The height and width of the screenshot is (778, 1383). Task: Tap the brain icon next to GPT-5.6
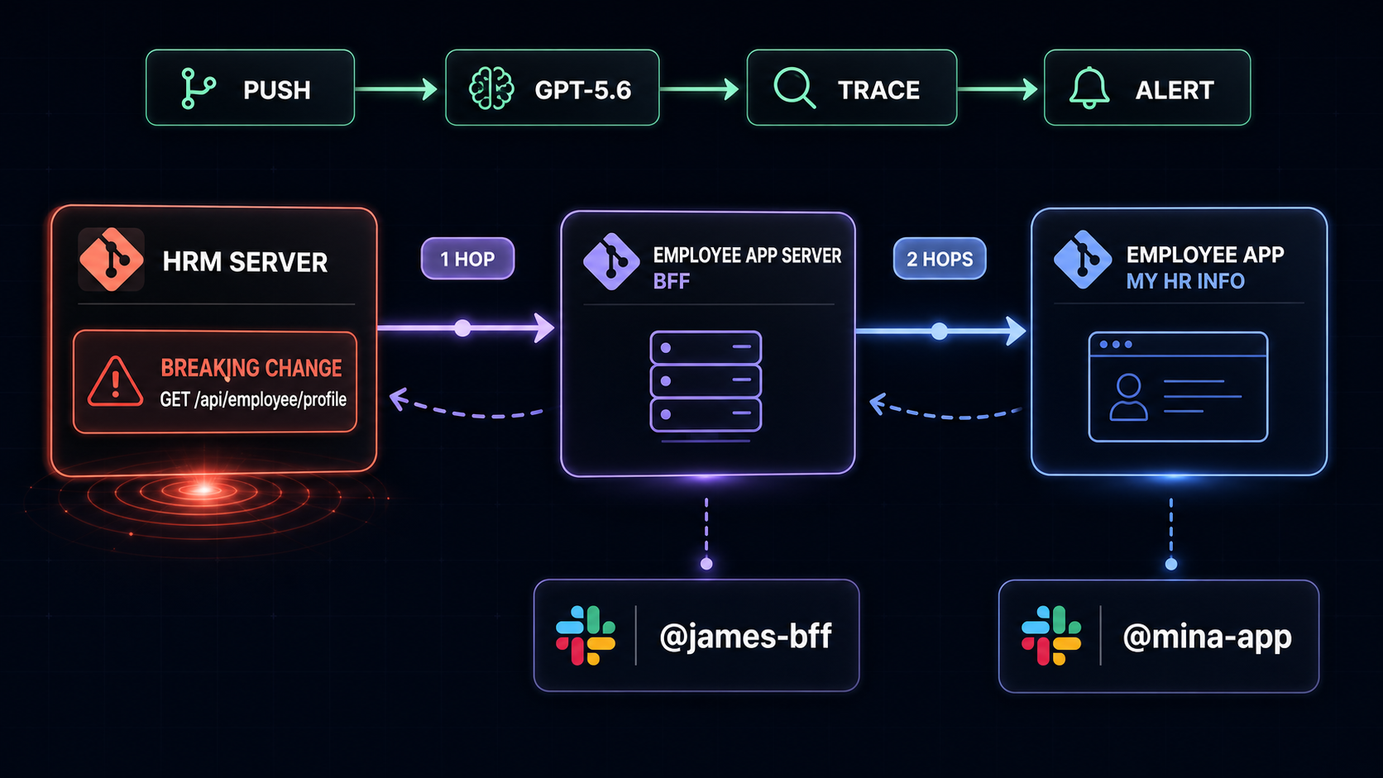click(x=491, y=88)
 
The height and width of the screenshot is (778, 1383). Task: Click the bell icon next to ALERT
click(x=1089, y=88)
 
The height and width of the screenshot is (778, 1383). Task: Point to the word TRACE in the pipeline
click(x=878, y=90)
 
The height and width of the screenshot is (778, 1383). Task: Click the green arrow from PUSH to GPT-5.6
click(x=396, y=88)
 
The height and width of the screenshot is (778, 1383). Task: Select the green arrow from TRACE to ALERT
click(x=998, y=88)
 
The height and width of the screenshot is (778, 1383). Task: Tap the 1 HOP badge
click(x=467, y=259)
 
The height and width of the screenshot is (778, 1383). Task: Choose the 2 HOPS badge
click(x=939, y=259)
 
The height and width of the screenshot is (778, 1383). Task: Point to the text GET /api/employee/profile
click(x=253, y=400)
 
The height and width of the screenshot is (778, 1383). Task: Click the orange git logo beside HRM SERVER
click(x=111, y=259)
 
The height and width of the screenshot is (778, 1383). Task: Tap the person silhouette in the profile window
click(x=1128, y=398)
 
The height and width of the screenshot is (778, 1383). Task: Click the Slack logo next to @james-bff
click(x=586, y=636)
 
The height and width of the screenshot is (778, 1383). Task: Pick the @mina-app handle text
click(x=1207, y=637)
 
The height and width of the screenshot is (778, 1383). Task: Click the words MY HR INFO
click(x=1184, y=281)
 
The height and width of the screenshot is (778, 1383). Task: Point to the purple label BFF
click(x=671, y=281)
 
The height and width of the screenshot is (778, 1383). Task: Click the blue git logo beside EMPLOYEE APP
click(x=1083, y=259)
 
